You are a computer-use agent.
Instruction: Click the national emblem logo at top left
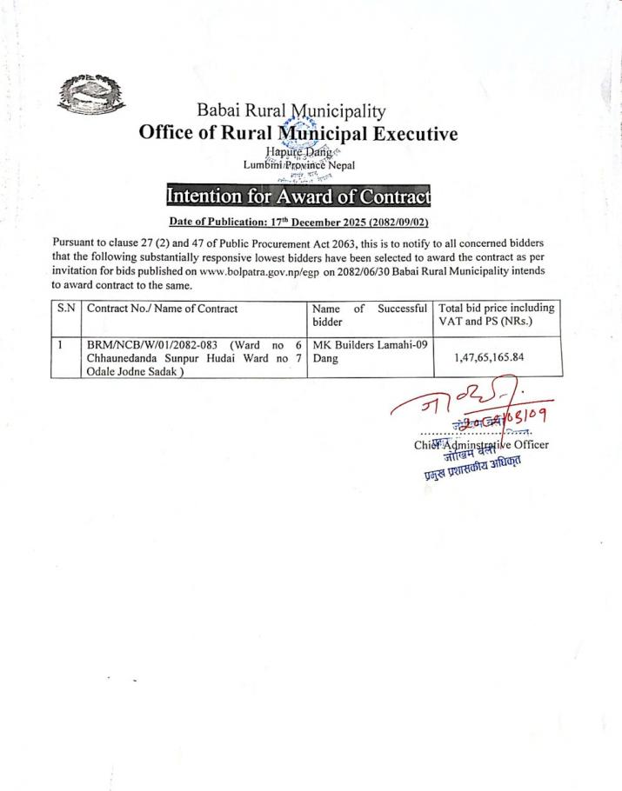point(90,96)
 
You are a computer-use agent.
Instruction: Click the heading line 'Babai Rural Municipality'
point(291,112)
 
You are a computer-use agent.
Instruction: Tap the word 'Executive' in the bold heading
point(399,134)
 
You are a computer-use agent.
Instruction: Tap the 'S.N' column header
point(66,308)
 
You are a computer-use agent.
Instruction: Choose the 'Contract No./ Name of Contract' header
point(163,308)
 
